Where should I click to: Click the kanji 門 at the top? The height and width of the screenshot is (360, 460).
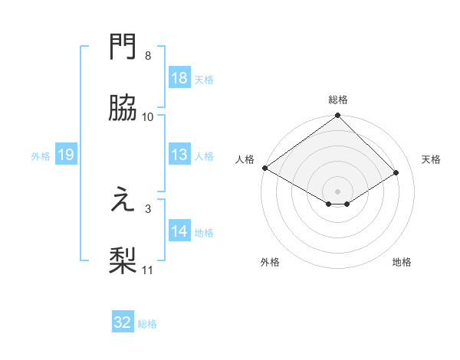point(123,48)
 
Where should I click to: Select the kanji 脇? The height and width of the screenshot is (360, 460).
point(123,109)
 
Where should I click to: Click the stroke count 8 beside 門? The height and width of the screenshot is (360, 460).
point(148,56)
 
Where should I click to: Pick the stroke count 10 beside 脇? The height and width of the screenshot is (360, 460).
point(148,116)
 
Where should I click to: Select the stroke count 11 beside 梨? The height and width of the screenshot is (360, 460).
point(148,270)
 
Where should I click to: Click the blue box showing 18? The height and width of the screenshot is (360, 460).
point(179,78)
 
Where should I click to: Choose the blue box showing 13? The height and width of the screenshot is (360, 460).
point(179,155)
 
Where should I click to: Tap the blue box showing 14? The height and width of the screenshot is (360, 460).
point(179,231)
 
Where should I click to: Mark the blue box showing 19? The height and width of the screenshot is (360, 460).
point(65,155)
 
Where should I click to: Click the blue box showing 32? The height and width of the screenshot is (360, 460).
point(123,322)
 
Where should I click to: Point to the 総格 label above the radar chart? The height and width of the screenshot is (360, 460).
point(338,100)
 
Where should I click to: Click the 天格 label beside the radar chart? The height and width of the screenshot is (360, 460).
point(432,159)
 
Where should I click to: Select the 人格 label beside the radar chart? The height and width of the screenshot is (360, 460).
point(245,159)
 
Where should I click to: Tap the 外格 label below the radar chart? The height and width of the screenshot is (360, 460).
point(270,262)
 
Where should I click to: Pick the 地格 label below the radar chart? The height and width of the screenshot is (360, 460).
point(402,262)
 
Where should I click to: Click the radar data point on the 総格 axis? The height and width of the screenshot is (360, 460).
point(338,116)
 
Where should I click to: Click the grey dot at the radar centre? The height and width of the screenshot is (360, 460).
point(338,191)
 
